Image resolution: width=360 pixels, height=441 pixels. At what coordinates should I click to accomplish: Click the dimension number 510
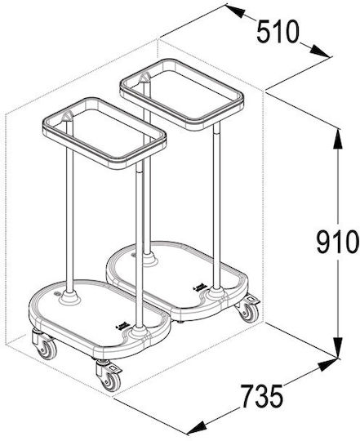pyautogui.click(x=278, y=32)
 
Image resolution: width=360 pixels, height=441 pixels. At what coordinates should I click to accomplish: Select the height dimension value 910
pyautogui.click(x=337, y=242)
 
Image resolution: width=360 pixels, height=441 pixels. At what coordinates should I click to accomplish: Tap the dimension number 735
pyautogui.click(x=262, y=396)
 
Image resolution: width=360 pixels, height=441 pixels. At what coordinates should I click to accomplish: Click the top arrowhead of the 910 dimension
pyautogui.click(x=337, y=139)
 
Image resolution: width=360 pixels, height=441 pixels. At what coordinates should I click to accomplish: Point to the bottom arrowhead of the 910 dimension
pyautogui.click(x=337, y=348)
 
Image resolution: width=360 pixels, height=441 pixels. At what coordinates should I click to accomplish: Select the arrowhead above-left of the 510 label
pyautogui.click(x=235, y=11)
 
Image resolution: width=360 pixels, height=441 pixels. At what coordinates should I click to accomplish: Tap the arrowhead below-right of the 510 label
pyautogui.click(x=320, y=51)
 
